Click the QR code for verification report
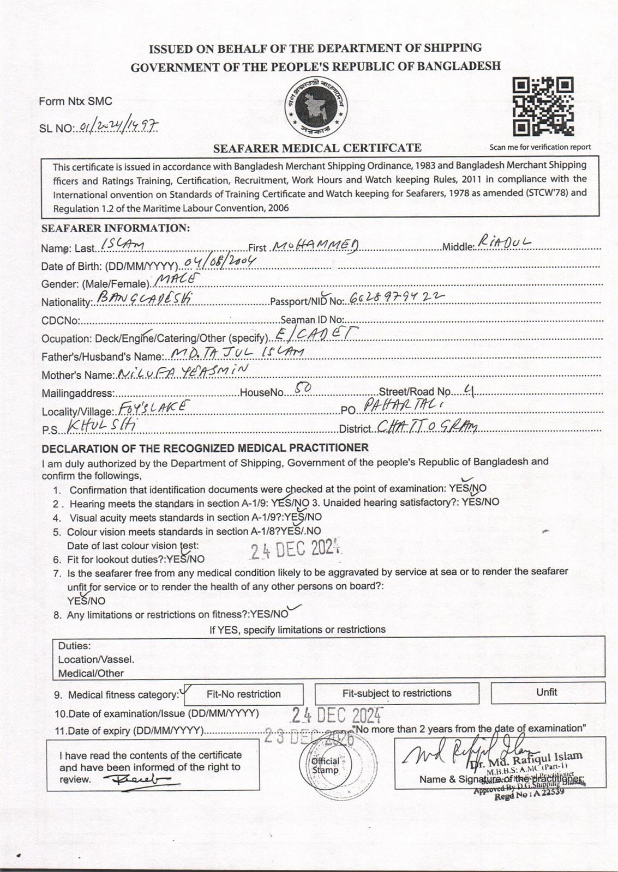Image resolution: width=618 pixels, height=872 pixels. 543,107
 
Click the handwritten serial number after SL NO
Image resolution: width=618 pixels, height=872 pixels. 118,127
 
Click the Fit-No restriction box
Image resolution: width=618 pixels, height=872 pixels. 244,694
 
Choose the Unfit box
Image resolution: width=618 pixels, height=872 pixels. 547,692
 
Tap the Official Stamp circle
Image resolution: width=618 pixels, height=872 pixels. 326,765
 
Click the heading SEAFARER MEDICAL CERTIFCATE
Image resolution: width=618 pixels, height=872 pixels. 317,148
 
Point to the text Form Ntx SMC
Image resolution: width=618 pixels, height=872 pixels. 75,101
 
